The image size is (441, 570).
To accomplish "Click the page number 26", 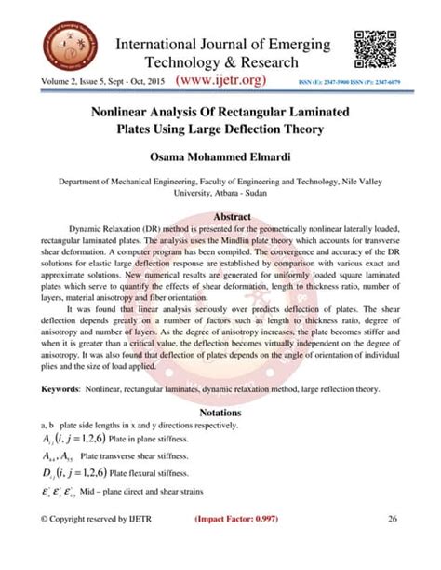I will tap(393, 544).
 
